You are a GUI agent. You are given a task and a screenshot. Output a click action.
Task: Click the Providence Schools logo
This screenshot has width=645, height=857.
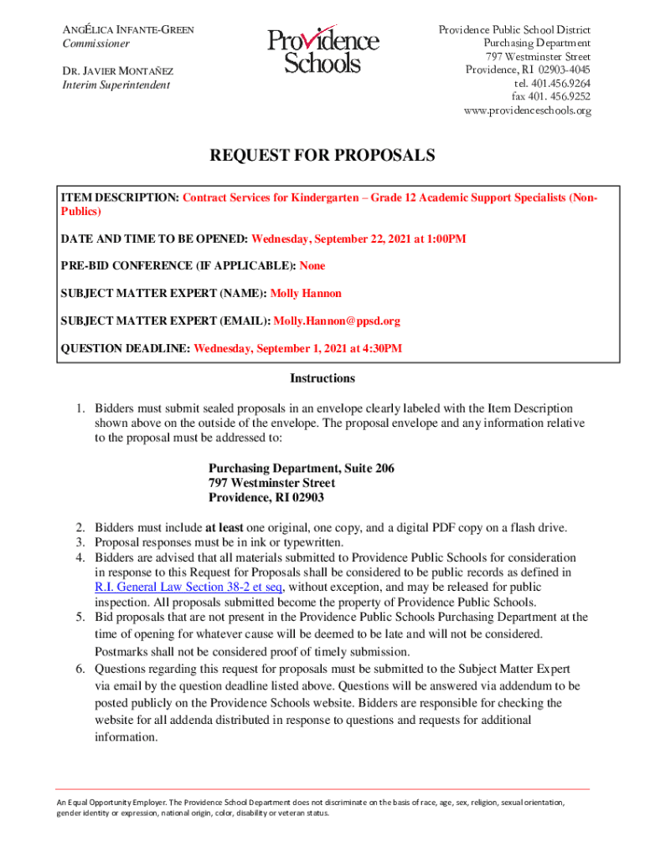point(322,51)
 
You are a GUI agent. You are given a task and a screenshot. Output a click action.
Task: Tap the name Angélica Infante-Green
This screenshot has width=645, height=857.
point(129,30)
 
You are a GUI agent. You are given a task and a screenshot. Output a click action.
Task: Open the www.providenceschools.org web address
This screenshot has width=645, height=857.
point(528,110)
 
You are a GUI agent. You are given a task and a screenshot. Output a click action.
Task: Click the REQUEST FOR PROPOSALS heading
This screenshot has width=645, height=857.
point(322,156)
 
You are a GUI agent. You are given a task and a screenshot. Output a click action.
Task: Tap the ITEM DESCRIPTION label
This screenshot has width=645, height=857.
point(117,198)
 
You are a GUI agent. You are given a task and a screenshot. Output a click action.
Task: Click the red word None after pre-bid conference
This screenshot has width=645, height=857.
point(312,266)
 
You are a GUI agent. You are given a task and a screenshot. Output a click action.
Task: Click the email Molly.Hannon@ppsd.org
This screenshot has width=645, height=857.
point(338,321)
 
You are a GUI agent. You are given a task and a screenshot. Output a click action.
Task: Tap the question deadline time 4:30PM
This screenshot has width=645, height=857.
point(381,348)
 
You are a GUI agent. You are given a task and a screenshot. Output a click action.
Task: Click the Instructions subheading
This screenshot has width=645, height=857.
point(322,378)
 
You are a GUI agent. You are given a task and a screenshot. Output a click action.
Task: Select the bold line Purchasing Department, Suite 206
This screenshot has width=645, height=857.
point(302,468)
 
